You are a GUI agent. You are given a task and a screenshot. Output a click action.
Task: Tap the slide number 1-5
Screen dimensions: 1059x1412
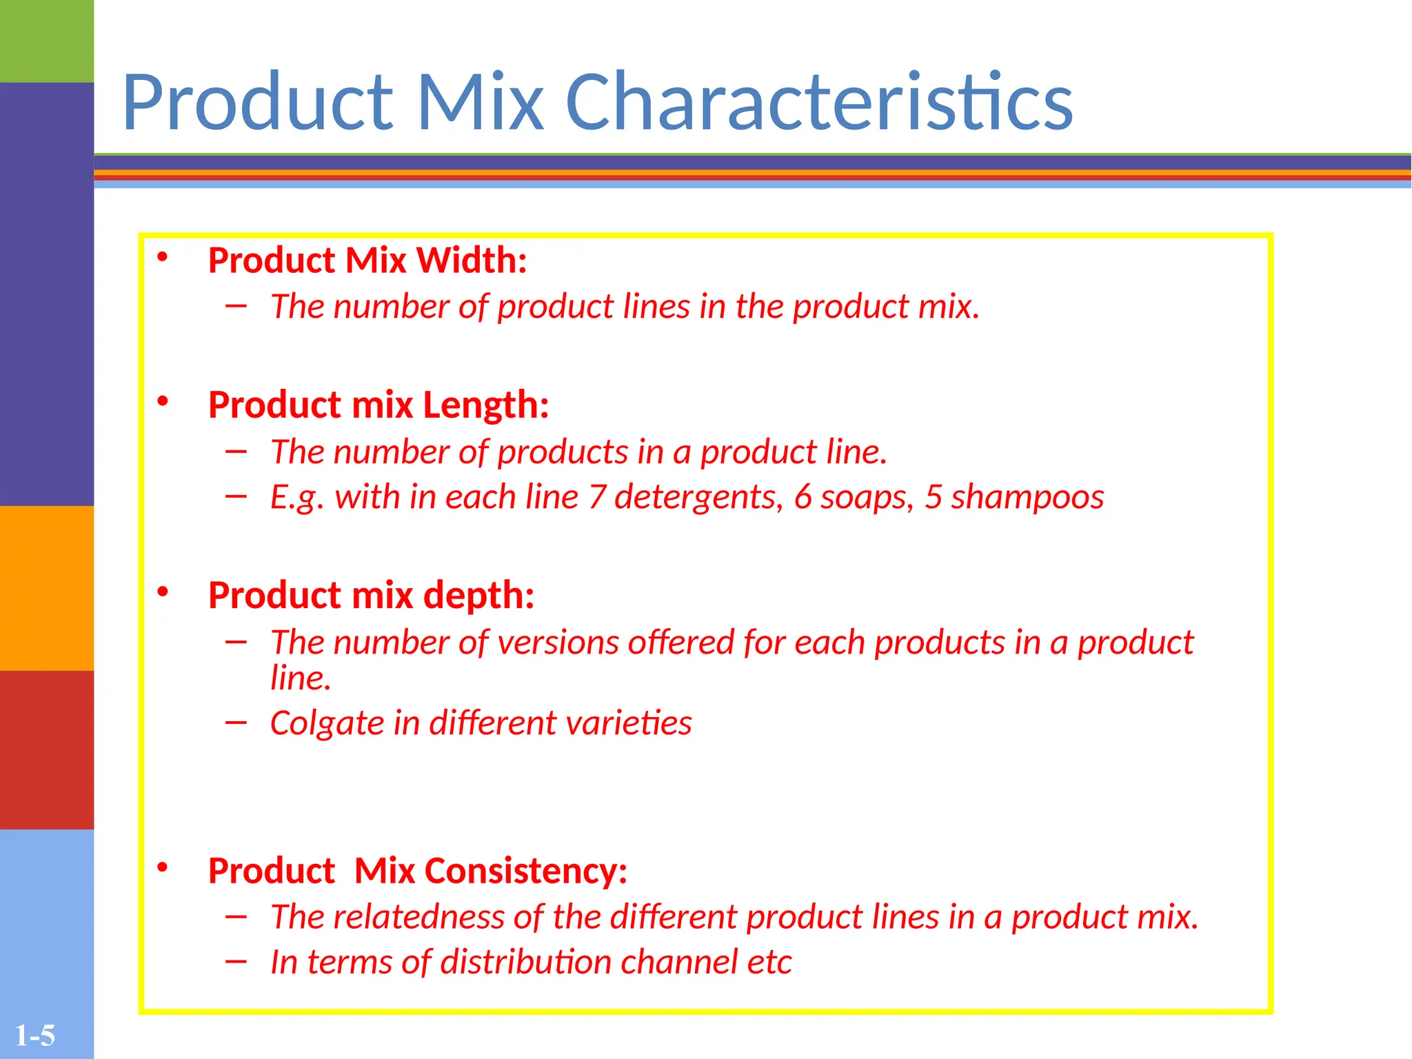click(34, 1036)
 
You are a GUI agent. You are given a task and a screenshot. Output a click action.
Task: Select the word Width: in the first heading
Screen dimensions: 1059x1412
click(472, 261)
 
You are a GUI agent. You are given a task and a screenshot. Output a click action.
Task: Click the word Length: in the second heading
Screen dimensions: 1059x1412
click(485, 405)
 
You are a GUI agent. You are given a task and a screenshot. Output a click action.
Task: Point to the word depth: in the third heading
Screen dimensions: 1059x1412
click(478, 595)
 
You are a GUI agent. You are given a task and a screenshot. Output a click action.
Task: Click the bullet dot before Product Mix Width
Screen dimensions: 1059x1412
click(163, 257)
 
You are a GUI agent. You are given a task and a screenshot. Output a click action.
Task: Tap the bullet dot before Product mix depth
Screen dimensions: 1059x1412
click(163, 592)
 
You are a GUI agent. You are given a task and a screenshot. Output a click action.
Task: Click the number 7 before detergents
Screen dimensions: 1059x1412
click(596, 497)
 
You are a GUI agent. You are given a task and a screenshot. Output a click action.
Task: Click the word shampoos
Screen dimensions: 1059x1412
click(1027, 498)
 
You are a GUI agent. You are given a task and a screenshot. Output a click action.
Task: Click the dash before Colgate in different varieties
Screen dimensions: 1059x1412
click(236, 723)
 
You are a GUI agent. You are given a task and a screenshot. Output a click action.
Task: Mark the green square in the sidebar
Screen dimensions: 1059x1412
click(47, 41)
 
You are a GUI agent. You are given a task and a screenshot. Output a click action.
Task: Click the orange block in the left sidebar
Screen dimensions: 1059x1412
click(47, 588)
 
